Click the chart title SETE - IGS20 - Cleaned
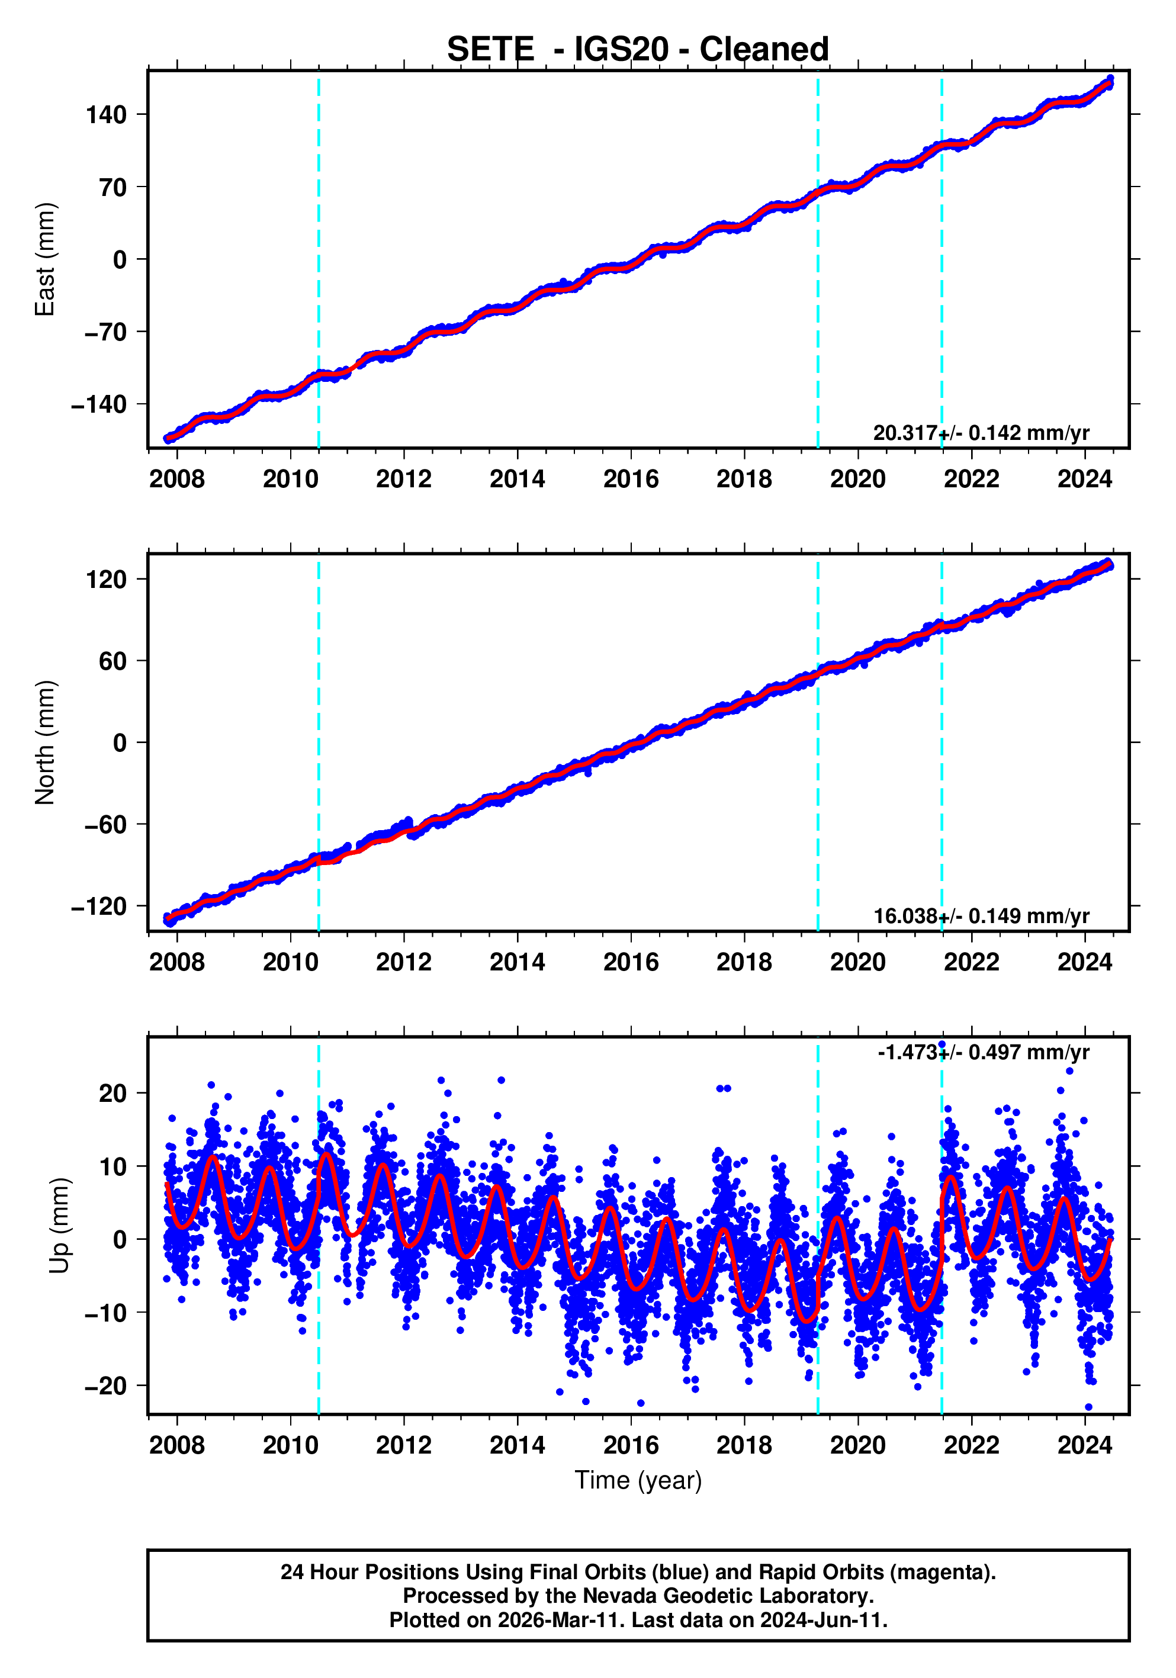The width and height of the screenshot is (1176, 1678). click(637, 50)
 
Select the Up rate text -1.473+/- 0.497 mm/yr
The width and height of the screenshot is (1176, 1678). click(983, 1052)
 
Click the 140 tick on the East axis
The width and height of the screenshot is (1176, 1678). click(106, 115)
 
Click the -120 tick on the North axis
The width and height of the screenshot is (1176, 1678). click(99, 907)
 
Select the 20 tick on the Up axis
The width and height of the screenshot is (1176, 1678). click(113, 1094)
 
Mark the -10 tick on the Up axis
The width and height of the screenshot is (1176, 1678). click(106, 1313)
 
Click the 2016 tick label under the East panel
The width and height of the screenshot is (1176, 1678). click(631, 480)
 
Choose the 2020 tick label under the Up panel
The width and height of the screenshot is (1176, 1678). click(857, 1445)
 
